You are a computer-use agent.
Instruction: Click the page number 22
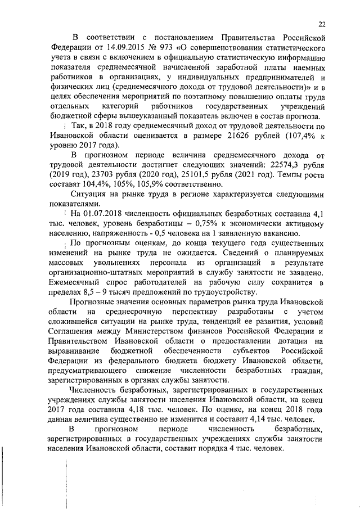tap(321, 24)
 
